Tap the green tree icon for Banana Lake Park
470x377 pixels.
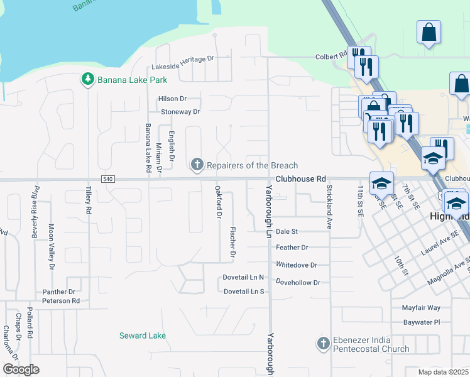pyautogui.click(x=87, y=80)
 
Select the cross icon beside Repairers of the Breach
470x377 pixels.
pyautogui.click(x=197, y=165)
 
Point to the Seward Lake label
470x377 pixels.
pyautogui.click(x=143, y=336)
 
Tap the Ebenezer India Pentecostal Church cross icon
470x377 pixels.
pyautogui.click(x=323, y=344)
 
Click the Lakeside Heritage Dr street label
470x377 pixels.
pyautogui.click(x=183, y=59)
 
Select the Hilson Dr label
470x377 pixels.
pyautogui.click(x=173, y=99)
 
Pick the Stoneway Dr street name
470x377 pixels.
pyautogui.click(x=180, y=112)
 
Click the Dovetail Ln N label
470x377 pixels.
pyautogui.click(x=244, y=277)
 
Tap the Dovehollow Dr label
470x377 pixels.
pyautogui.click(x=298, y=283)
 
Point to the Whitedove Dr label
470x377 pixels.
pyautogui.click(x=297, y=266)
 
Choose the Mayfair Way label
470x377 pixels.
pyautogui.click(x=422, y=309)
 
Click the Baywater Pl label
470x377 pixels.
pyautogui.click(x=424, y=322)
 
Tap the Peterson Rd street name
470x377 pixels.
pyautogui.click(x=61, y=301)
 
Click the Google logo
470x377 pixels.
pyautogui.click(x=21, y=369)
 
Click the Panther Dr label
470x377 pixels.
pyautogui.click(x=58, y=292)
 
